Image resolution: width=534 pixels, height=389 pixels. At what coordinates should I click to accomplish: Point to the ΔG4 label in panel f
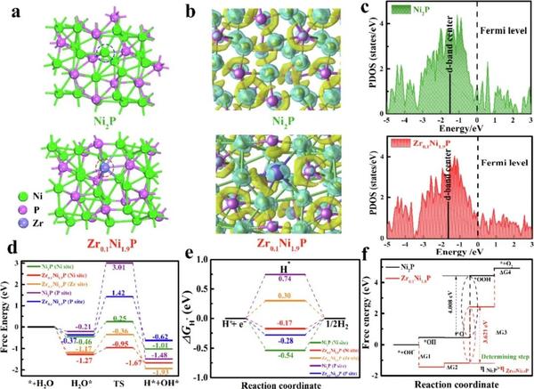505,273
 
